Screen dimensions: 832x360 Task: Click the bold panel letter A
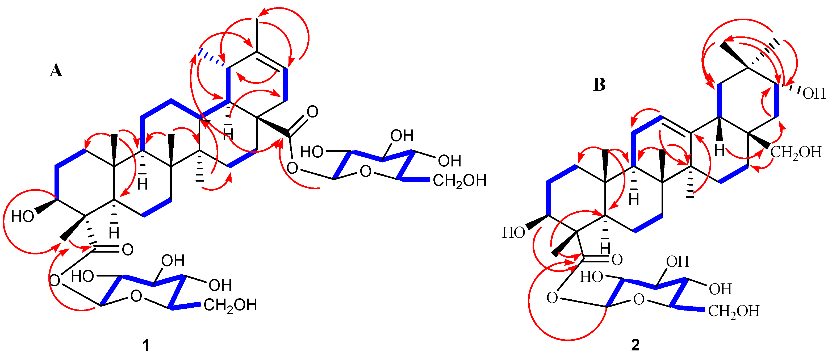(x=56, y=70)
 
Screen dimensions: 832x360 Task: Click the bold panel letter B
(x=599, y=85)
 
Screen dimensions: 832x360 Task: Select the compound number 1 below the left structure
(x=146, y=345)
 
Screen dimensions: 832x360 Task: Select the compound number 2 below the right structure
(x=635, y=345)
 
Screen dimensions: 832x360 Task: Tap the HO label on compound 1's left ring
(x=22, y=216)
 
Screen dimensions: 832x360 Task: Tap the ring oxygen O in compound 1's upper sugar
(x=365, y=171)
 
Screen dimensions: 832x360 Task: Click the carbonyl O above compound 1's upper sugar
(x=312, y=112)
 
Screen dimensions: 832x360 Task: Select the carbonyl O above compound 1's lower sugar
(x=128, y=250)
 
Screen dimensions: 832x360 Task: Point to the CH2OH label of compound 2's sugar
(x=734, y=311)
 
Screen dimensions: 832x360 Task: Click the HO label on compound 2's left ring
(x=513, y=232)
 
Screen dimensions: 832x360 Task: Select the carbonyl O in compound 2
(x=617, y=259)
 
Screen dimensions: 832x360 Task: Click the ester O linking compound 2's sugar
(x=552, y=298)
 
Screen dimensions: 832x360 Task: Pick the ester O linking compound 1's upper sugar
(x=292, y=168)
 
